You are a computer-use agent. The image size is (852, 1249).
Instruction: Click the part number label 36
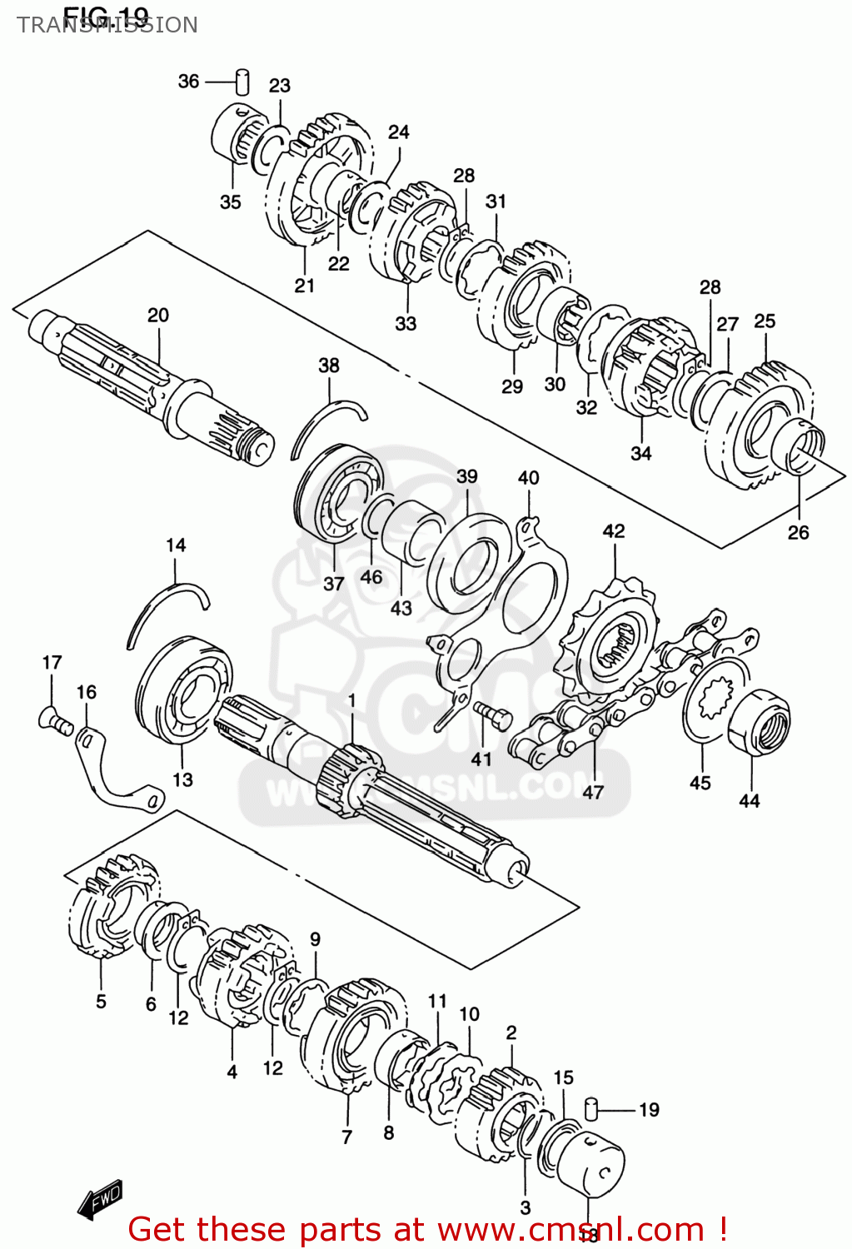(188, 81)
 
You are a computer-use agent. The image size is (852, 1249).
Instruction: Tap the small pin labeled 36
(242, 81)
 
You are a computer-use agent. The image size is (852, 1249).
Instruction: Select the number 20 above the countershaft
(158, 315)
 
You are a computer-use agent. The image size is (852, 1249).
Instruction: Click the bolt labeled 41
(494, 714)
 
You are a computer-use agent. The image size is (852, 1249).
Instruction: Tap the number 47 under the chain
(592, 792)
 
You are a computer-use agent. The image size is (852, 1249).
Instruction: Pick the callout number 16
(86, 692)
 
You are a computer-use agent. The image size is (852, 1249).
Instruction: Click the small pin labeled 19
(591, 1109)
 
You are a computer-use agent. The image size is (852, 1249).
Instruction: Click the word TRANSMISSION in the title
(107, 25)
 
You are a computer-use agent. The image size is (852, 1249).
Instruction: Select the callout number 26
(798, 532)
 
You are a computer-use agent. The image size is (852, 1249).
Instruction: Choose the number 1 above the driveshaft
(351, 700)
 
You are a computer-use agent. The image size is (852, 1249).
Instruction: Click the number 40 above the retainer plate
(528, 477)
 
